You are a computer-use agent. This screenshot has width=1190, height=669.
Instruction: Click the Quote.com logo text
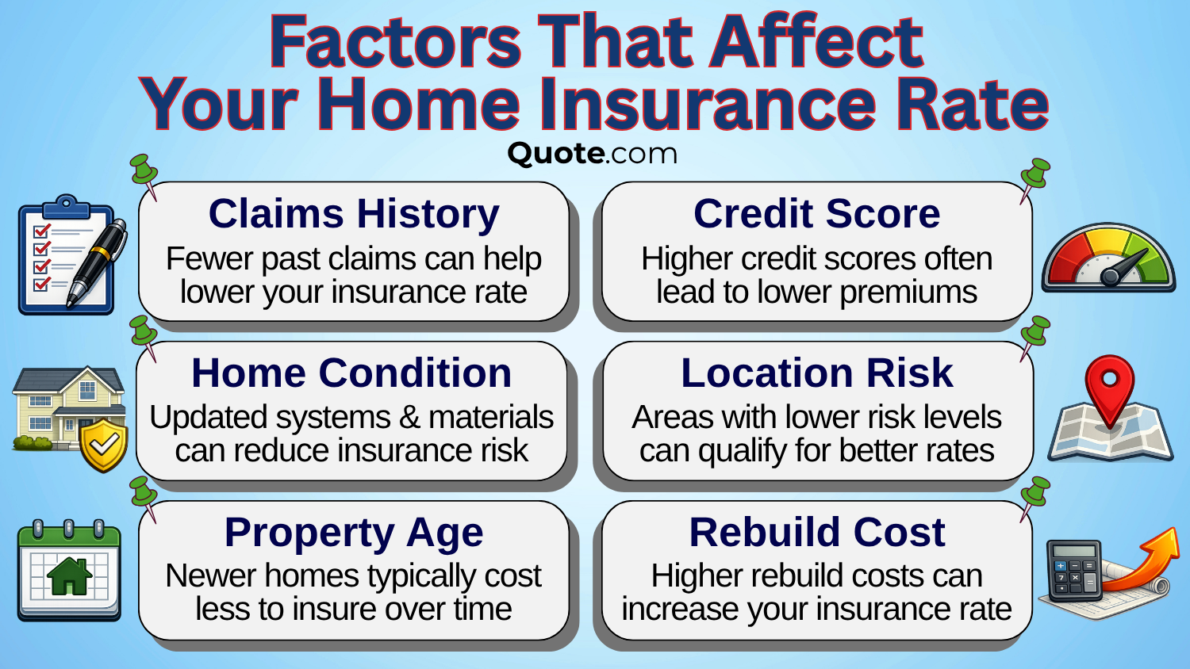(592, 153)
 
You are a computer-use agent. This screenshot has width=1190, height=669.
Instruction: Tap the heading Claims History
(354, 214)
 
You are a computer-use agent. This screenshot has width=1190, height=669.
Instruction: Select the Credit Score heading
(816, 214)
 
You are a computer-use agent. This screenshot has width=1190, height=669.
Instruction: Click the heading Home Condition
(351, 373)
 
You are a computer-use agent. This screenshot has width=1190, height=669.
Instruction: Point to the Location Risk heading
(816, 373)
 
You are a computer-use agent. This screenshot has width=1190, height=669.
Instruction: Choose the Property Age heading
(354, 533)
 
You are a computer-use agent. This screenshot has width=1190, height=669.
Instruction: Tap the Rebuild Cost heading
(816, 533)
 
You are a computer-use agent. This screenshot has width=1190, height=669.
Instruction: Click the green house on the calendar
(69, 576)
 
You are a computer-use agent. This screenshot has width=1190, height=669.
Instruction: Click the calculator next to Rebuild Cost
(1074, 571)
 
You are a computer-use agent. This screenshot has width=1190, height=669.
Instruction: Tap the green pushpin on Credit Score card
(1035, 176)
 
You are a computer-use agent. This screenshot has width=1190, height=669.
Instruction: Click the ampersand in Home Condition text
(409, 418)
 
